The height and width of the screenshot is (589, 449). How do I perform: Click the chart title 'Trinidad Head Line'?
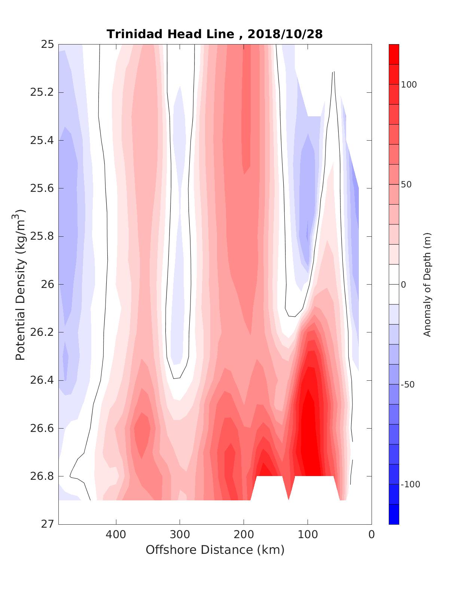(x=171, y=34)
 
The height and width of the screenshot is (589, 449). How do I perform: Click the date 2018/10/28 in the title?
(x=285, y=34)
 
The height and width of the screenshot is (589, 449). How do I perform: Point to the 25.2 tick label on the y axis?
(x=42, y=92)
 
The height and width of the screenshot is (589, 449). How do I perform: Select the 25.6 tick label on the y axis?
(x=42, y=188)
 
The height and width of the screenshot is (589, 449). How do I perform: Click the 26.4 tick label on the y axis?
(x=42, y=380)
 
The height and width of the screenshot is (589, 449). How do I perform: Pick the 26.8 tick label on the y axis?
(x=42, y=476)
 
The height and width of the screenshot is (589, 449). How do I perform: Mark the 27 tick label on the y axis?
(x=47, y=524)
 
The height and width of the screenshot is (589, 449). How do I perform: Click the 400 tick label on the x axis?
(x=116, y=534)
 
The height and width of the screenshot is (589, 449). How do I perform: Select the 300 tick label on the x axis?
(x=180, y=534)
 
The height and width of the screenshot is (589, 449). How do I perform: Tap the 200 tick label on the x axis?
(x=244, y=534)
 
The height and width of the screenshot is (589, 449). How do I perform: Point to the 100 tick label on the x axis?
(x=308, y=534)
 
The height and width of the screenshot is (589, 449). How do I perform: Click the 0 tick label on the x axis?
(x=372, y=534)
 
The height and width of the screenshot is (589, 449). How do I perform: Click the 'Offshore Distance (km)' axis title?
(x=215, y=550)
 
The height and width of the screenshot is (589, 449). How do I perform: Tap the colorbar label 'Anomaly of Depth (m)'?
(x=427, y=285)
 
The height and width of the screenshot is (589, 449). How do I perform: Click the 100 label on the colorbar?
(x=409, y=85)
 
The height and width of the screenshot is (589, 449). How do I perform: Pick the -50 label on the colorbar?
(x=408, y=385)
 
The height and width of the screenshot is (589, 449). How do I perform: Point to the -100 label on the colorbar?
(x=410, y=485)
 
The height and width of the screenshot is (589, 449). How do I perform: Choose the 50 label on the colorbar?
(x=407, y=185)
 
